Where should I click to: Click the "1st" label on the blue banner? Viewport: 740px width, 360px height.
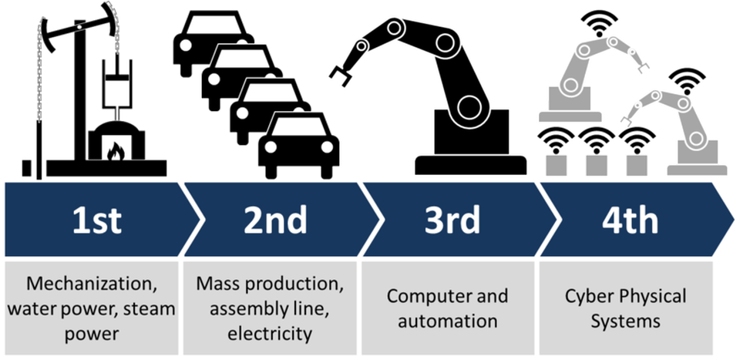[x=97, y=220]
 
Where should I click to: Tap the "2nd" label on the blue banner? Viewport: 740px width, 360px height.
[x=275, y=220]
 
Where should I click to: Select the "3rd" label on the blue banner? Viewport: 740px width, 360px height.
[x=452, y=220]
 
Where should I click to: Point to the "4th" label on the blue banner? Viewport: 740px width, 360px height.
[x=631, y=220]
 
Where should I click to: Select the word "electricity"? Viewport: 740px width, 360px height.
[x=270, y=334]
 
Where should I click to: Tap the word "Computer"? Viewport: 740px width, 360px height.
[x=425, y=296]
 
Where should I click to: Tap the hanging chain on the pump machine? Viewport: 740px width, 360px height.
[x=37, y=77]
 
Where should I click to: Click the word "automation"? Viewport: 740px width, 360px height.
[x=448, y=320]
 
